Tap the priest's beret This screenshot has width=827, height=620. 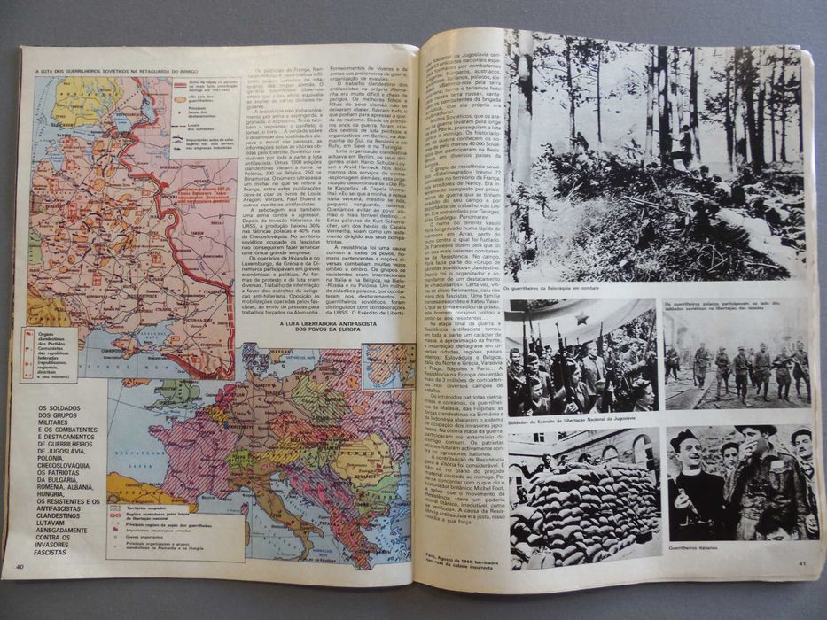(685, 436)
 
